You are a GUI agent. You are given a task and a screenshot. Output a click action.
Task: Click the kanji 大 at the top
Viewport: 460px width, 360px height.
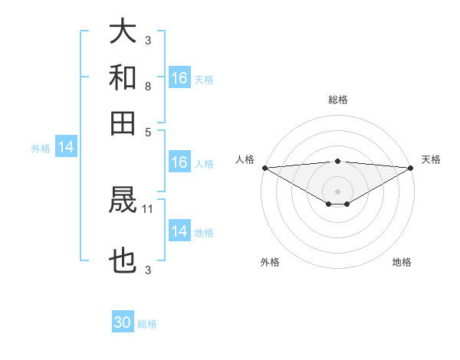point(123,32)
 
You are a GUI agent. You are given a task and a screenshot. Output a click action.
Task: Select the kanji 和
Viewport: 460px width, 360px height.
point(123,77)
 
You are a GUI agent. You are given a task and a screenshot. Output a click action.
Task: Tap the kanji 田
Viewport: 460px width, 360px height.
point(123,122)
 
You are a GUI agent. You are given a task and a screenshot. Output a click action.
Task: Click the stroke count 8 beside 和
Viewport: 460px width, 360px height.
point(147,87)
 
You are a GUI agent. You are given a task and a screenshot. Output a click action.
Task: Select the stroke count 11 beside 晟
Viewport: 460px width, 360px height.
point(149,208)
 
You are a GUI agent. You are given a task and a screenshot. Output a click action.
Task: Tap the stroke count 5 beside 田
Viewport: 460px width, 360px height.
point(147,132)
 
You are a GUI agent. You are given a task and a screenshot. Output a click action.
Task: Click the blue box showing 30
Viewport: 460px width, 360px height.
point(123,322)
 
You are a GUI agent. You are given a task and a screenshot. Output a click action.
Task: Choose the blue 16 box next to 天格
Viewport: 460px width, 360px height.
point(179,78)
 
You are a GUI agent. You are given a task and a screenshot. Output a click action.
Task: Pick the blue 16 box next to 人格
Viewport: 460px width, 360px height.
point(179,162)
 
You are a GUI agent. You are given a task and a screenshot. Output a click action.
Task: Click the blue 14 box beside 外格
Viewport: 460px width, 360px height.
point(66,147)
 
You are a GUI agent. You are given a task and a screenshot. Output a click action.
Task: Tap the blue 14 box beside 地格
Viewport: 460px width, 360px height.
point(179,231)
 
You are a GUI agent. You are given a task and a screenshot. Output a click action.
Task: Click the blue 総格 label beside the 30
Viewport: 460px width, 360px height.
point(148,324)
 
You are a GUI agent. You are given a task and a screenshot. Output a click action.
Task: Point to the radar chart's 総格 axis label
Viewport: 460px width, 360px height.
point(338,100)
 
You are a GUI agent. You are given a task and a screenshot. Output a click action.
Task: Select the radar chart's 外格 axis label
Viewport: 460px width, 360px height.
point(270,262)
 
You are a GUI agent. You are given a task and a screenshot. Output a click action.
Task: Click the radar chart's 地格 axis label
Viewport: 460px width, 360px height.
point(402,262)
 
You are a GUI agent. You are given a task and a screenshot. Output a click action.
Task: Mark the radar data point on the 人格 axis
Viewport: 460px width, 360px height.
point(264,168)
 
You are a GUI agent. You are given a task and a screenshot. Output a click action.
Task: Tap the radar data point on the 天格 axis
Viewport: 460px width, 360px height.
point(411,168)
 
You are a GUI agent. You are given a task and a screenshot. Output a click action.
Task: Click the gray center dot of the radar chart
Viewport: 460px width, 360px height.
point(338,191)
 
